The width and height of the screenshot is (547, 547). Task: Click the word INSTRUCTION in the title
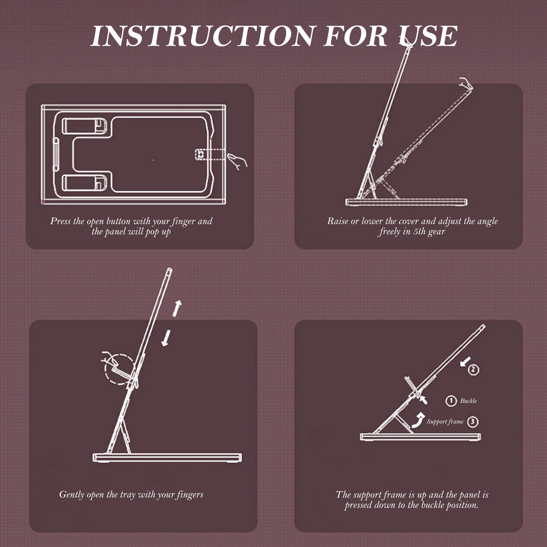point(202,36)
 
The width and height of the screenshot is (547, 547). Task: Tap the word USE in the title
point(429,36)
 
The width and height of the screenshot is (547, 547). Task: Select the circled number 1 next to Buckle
point(451,401)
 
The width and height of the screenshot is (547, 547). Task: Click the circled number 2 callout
point(473,370)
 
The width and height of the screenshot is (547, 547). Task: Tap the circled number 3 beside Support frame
point(473,422)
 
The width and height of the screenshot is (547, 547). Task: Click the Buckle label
point(468,401)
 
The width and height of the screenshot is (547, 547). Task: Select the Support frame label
point(445,422)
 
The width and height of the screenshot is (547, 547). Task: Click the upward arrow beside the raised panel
point(177,308)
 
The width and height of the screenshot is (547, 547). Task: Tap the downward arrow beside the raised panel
point(166,338)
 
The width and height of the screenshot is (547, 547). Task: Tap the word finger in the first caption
point(184,222)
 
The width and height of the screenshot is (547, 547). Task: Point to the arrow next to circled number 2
point(466,362)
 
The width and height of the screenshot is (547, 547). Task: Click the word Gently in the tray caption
point(72,495)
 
